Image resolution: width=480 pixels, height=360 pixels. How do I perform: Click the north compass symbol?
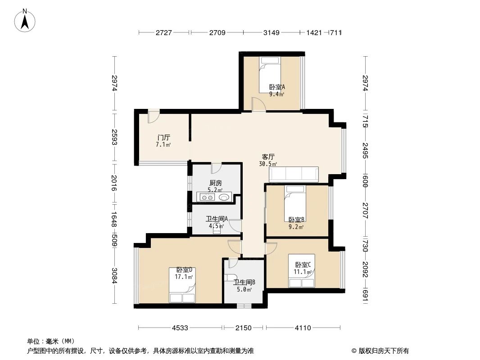(x=26, y=20)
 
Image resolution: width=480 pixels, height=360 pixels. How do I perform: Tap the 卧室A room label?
(x=277, y=88)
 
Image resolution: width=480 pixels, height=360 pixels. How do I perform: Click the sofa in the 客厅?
(x=294, y=174)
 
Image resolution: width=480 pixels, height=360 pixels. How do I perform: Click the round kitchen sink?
(x=225, y=197)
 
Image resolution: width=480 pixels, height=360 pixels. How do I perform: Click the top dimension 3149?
(x=272, y=32)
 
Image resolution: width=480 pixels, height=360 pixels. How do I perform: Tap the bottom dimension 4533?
(x=180, y=328)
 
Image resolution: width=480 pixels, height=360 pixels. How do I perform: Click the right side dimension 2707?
(x=365, y=210)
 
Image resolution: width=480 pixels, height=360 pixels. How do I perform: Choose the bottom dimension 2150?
(x=244, y=328)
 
